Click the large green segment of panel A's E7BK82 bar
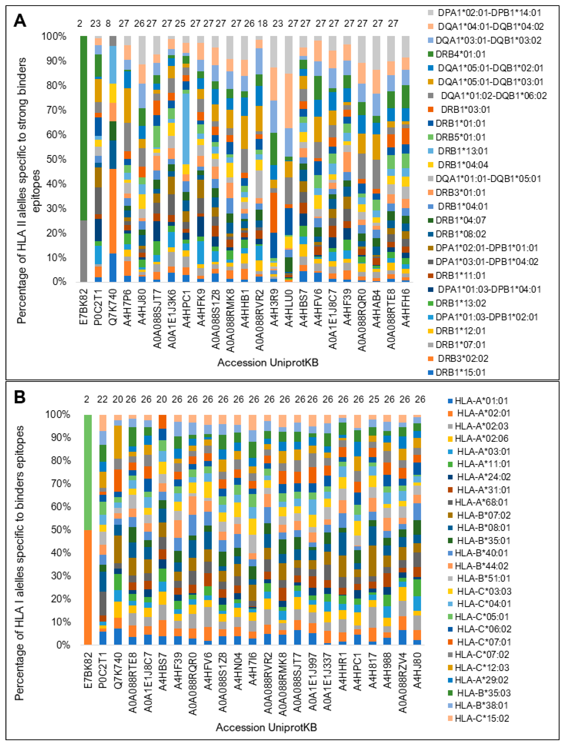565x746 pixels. click(x=84, y=128)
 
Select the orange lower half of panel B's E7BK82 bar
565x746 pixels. click(x=88, y=587)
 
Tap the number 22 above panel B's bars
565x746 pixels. click(x=102, y=399)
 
